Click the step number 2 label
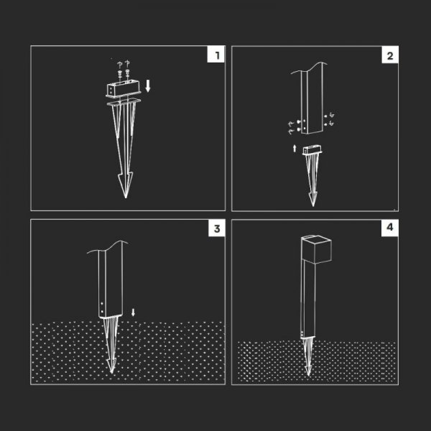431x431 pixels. coord(390,56)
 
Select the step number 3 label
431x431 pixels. coord(217,228)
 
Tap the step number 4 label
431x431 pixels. coord(390,227)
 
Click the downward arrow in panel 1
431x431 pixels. coord(148,86)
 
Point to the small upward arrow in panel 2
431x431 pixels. coord(295,148)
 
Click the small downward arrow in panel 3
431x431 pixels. coord(134,312)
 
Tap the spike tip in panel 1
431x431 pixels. coord(126,198)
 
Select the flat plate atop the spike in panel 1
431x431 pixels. coord(124,101)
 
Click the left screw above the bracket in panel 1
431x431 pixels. coord(120,73)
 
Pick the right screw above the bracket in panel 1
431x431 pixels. coord(127,73)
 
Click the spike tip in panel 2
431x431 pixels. coord(313,205)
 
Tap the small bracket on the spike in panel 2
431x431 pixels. coord(312,151)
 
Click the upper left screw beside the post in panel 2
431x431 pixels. coord(299,121)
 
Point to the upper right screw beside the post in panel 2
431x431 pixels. coord(326,116)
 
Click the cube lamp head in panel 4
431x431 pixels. coord(316,249)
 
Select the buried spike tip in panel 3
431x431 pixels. coord(111,372)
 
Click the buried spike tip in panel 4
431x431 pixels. coord(308,374)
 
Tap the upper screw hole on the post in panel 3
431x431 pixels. coord(102,304)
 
